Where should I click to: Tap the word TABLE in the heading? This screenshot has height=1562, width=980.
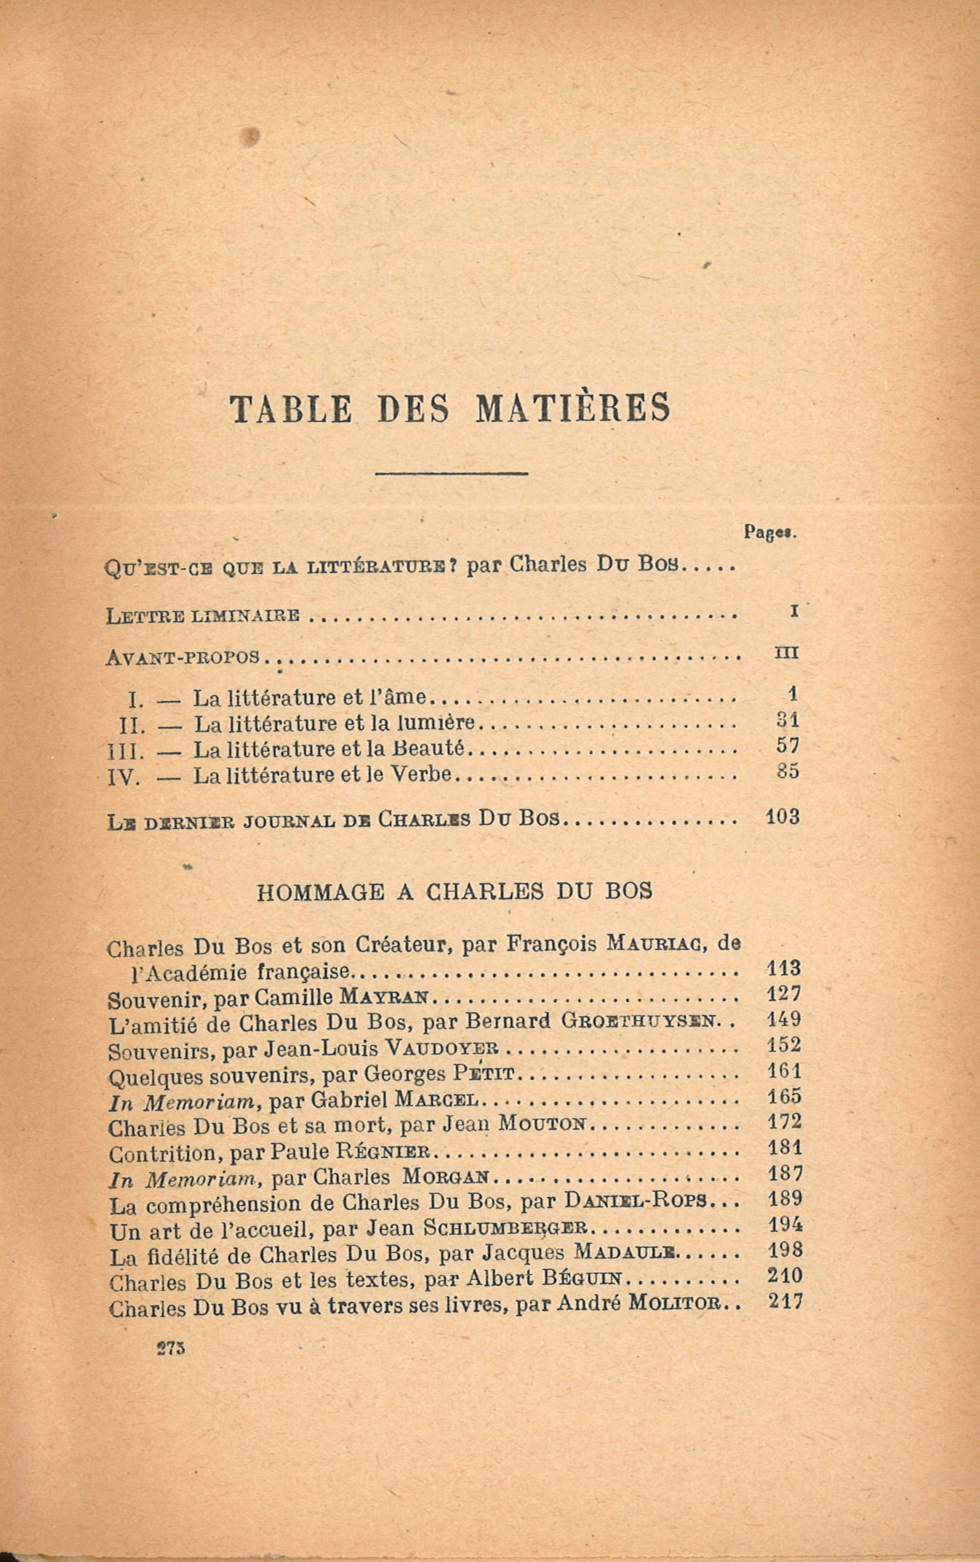tap(291, 409)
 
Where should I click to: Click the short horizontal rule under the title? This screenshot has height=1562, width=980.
tap(451, 474)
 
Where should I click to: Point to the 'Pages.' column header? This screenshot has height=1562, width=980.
tap(769, 532)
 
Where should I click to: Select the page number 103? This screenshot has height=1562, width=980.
tap(782, 816)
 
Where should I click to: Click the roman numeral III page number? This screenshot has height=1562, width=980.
tap(786, 654)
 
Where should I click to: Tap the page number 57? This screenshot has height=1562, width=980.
tap(788, 746)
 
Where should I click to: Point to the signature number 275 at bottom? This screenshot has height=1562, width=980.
tap(171, 1349)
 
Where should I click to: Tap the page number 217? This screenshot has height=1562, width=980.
tap(786, 1301)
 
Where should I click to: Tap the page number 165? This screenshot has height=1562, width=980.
tap(785, 1096)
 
